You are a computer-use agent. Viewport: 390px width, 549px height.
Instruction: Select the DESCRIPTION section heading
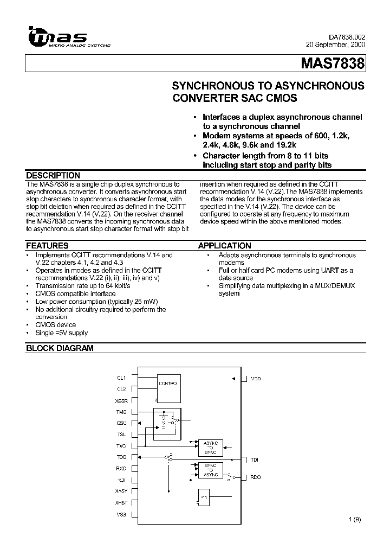(53, 176)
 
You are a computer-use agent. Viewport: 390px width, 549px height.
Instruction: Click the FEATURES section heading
(47, 246)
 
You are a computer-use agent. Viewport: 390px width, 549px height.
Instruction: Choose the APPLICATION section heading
(224, 246)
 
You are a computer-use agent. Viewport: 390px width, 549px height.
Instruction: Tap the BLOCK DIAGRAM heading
(60, 348)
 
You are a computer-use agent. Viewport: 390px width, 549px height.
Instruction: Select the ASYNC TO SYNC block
(210, 446)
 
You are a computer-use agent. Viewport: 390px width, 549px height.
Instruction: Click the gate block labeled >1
(204, 497)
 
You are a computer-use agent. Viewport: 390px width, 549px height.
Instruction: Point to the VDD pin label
(255, 378)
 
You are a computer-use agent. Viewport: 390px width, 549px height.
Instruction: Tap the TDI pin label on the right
(254, 459)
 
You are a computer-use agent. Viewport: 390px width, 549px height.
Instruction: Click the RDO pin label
(255, 477)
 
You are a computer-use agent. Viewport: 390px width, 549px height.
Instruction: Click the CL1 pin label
(121, 378)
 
